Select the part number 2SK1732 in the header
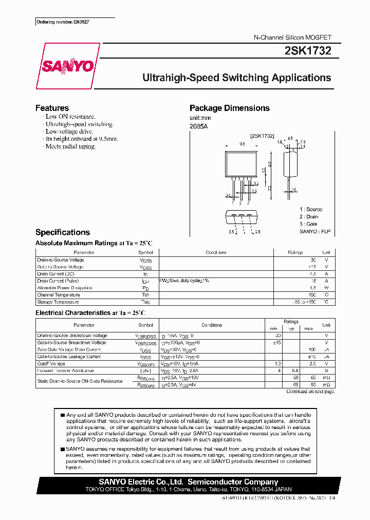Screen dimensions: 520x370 [307, 50]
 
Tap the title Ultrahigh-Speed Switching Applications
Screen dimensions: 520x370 [236, 78]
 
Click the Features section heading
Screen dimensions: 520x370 [52, 108]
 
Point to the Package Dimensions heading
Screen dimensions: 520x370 [229, 108]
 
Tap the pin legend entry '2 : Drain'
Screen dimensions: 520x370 [310, 217]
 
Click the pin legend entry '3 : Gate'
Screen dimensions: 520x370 [309, 224]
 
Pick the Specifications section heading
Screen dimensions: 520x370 [62, 232]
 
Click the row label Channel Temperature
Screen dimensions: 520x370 [58, 295]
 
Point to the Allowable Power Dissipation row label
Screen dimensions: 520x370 [64, 288]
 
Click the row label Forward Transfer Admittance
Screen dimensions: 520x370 [65, 370]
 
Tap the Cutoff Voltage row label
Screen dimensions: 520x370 [51, 363]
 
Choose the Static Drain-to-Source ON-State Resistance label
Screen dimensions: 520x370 [80, 381]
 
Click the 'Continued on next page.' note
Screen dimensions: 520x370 [310, 392]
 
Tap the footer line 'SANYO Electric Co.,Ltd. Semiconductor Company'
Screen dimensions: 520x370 [188, 482]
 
